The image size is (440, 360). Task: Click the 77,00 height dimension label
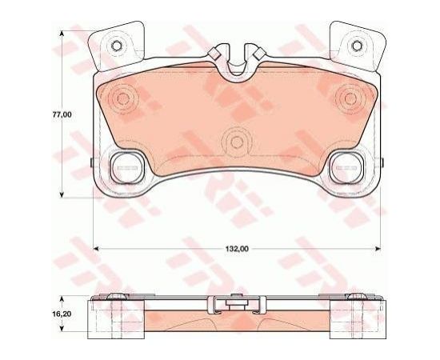pos(62,114)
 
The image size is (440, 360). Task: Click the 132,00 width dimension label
pos(237,249)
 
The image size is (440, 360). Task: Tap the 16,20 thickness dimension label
pos(62,314)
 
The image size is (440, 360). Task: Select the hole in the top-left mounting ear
pos(116,46)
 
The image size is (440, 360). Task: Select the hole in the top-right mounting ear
pos(357,46)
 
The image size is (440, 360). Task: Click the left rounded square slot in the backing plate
pos(126,168)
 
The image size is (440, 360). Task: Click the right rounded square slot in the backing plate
pos(346,168)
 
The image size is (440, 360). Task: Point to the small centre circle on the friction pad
pos(237,142)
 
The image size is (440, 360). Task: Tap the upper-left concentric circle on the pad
pos(122,98)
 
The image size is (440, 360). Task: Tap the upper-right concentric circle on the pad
pos(350,98)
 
